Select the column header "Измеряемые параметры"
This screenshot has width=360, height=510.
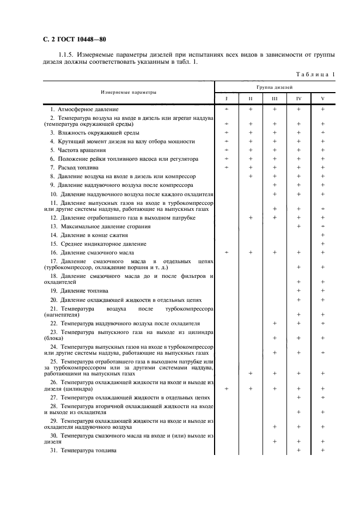pyautogui.click(x=128, y=92)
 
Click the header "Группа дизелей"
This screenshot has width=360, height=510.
pyautogui.click(x=275, y=87)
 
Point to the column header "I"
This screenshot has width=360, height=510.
pyautogui.click(x=227, y=99)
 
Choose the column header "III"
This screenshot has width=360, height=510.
pyautogui.click(x=274, y=99)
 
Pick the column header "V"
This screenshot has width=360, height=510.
pyautogui.click(x=322, y=99)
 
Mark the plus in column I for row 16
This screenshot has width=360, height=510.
pyautogui.click(x=227, y=253)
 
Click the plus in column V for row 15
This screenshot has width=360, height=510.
pyautogui.click(x=323, y=244)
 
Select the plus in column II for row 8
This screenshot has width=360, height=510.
pyautogui.click(x=251, y=177)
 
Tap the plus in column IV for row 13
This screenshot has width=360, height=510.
pyautogui.click(x=298, y=226)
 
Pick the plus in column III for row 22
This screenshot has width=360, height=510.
pyautogui.click(x=274, y=324)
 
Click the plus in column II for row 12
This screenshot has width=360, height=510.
pyautogui.click(x=251, y=218)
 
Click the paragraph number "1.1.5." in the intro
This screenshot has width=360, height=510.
pyautogui.click(x=66, y=55)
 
